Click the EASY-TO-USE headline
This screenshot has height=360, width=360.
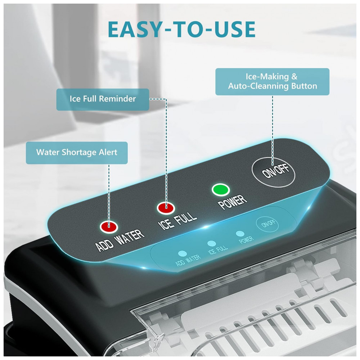click(181, 29)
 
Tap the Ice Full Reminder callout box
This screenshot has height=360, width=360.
click(103, 99)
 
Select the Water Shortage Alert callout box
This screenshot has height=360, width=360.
click(77, 153)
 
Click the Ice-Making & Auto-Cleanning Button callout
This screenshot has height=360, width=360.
click(272, 81)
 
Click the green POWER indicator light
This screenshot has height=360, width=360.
click(221, 190)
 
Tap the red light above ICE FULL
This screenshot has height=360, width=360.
click(166, 208)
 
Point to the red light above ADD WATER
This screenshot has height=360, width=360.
click(109, 226)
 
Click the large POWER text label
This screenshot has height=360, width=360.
click(232, 202)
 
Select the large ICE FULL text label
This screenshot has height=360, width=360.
click(177, 221)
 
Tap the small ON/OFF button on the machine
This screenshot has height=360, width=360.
click(267, 224)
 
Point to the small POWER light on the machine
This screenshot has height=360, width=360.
click(240, 234)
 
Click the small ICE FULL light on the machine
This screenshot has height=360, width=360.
click(211, 243)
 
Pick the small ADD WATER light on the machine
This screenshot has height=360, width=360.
click(182, 253)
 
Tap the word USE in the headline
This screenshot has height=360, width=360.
click(235, 29)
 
